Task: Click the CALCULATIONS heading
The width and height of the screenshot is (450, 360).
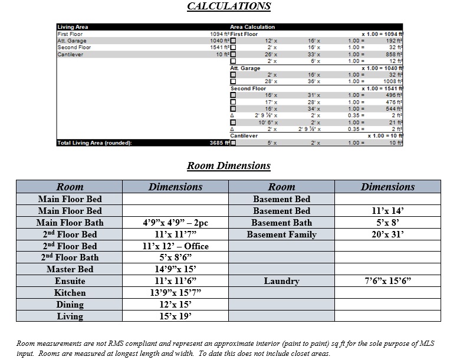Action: (x=229, y=6)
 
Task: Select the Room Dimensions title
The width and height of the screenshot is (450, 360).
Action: (x=228, y=166)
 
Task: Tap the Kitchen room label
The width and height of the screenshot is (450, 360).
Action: (x=70, y=293)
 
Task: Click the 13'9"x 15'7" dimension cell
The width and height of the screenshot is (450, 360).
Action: (x=175, y=293)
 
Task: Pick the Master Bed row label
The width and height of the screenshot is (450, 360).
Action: (x=70, y=269)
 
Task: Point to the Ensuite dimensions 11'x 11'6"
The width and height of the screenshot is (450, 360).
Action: (x=175, y=281)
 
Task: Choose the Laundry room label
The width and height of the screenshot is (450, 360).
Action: (x=281, y=281)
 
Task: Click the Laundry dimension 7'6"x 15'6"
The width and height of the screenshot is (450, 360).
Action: (x=387, y=281)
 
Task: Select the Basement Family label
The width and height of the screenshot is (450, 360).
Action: (x=281, y=235)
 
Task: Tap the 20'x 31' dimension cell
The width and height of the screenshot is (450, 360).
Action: (x=387, y=235)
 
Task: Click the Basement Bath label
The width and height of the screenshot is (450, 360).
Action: (x=281, y=223)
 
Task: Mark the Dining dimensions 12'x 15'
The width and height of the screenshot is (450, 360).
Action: (x=175, y=305)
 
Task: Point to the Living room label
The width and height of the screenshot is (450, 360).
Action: (x=70, y=316)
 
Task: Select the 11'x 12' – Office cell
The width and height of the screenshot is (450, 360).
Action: (x=175, y=246)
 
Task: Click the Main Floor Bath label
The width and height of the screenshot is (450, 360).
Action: (x=70, y=223)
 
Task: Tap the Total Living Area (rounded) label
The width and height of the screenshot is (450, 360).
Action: (x=94, y=143)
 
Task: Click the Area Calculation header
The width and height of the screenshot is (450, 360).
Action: (x=252, y=27)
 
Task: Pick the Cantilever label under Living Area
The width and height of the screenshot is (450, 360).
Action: (x=70, y=54)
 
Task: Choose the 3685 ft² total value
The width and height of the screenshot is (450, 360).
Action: (x=219, y=143)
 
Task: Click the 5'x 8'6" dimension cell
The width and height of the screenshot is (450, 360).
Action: (x=175, y=257)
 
